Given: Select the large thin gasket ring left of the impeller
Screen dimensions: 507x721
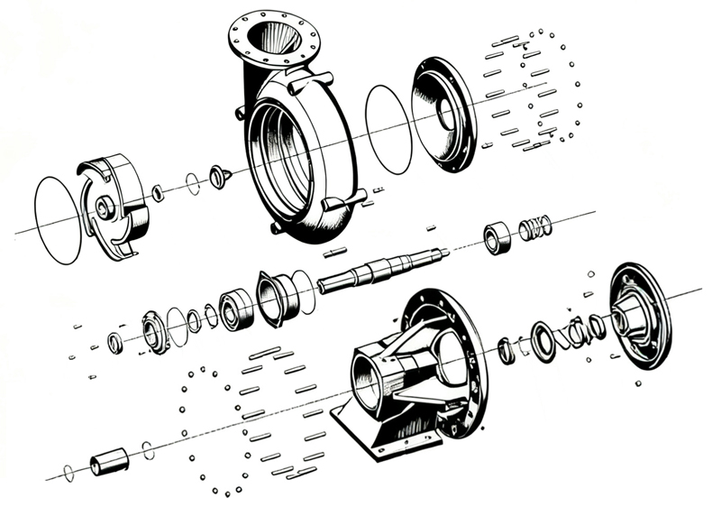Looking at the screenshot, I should [x=57, y=220].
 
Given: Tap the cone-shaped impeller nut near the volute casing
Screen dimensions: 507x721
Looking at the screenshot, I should [x=217, y=177].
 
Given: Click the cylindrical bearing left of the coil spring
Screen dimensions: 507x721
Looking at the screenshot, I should [x=497, y=238].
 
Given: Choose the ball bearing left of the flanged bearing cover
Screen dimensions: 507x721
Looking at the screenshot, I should [x=235, y=310].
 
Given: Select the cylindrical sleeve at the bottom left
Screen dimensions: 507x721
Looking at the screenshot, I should [x=109, y=464].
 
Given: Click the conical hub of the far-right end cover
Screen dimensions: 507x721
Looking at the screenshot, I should [x=635, y=315].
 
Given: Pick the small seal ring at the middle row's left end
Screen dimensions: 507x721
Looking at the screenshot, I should [x=115, y=343].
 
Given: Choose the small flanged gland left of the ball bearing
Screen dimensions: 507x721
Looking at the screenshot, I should [x=155, y=332].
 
